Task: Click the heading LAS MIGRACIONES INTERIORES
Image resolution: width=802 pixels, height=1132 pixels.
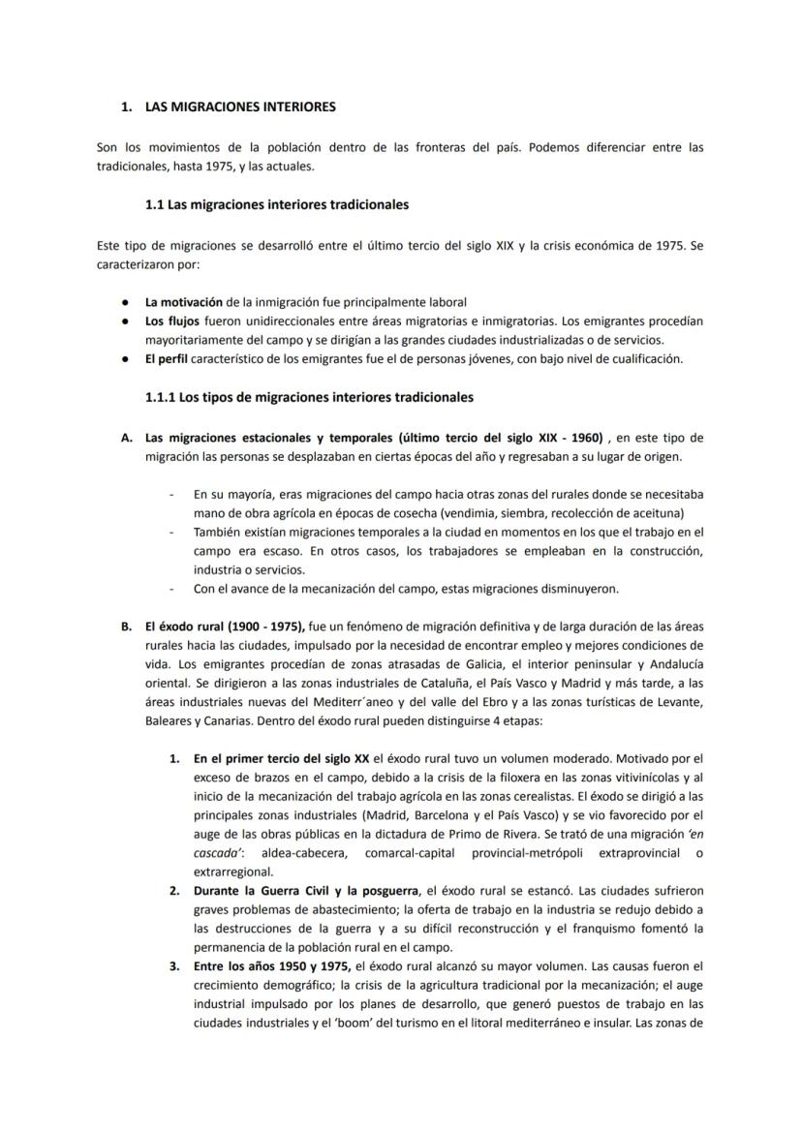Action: pos(240,106)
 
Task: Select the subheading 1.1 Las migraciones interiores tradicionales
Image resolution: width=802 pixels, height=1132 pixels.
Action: pos(276,205)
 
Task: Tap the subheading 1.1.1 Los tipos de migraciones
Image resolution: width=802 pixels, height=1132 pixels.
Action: pos(309,397)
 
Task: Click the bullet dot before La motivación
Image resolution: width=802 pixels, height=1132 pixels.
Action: pos(126,302)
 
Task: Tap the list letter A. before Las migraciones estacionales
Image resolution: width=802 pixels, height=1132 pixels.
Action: pos(126,437)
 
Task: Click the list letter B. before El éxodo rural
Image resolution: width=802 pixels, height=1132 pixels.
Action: pos(126,627)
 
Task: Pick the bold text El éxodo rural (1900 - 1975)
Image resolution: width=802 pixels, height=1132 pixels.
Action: pos(226,627)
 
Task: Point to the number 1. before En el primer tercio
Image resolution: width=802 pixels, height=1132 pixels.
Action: pos(174,758)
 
